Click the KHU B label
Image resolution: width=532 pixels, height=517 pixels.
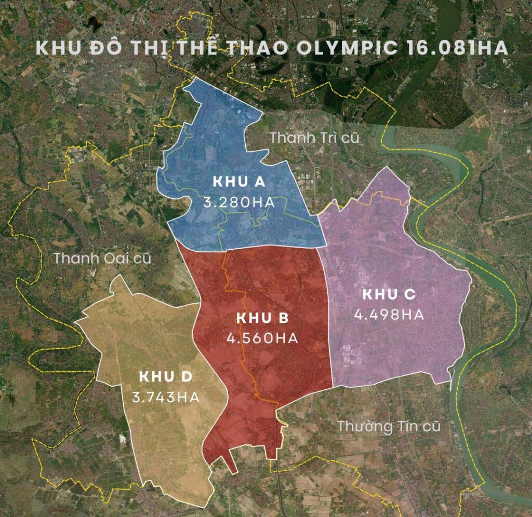262,318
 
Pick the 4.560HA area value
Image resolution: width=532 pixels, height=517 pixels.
262,338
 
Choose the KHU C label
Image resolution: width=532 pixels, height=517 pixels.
389,294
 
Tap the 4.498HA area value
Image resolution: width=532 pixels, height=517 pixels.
389,314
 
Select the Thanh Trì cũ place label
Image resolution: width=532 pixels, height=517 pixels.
315,138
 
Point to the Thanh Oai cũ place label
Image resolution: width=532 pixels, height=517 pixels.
102,258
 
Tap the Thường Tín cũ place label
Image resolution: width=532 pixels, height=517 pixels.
389,427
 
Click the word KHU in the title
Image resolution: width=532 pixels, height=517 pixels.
56,48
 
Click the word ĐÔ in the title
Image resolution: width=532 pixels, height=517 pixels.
104,48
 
